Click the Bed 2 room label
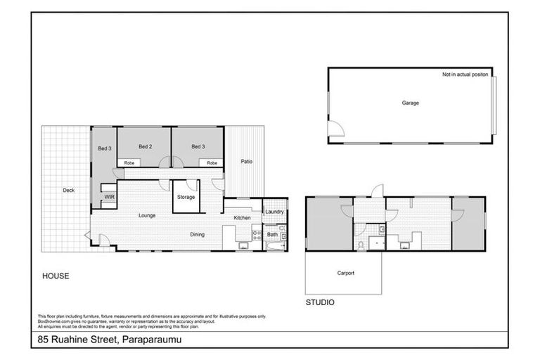pos(145,146)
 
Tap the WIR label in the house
pos(110,198)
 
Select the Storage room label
pos(186,198)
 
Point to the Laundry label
pos(274,212)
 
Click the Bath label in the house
pos(272,235)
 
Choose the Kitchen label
pos(242,218)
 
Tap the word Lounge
pos(146,215)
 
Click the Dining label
pos(197,235)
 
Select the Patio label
pos(246,162)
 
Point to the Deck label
pos(68,191)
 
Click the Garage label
pos(410,103)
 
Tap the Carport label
pos(345,273)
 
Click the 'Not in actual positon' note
pos(465,75)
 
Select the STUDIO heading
pos(319,303)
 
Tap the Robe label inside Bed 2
pos(129,163)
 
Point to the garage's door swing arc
pos(336,127)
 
